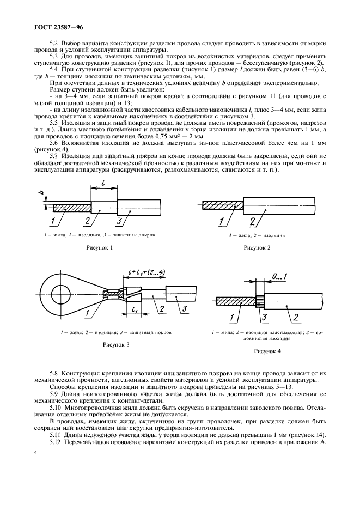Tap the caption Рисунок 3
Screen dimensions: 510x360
pyautogui.click(x=116, y=344)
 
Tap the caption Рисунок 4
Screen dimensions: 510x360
pyautogui.click(x=267, y=351)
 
